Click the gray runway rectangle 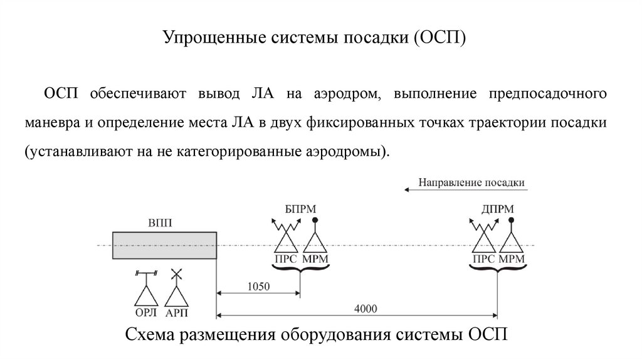[x=164, y=245]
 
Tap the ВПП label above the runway [x=161, y=223]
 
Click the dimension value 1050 [x=258, y=286]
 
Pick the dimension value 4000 [x=366, y=308]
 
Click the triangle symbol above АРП [x=177, y=296]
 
